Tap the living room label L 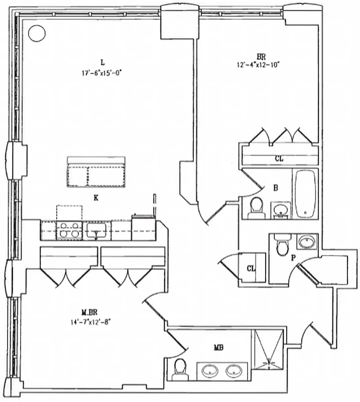tap(102, 63)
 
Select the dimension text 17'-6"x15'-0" tap(102, 72)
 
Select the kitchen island tap(97, 172)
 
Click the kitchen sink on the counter tap(95, 231)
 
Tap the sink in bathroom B tap(280, 209)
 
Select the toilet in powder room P tap(283, 246)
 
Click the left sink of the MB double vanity tap(210, 371)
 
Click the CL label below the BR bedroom tap(279, 158)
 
